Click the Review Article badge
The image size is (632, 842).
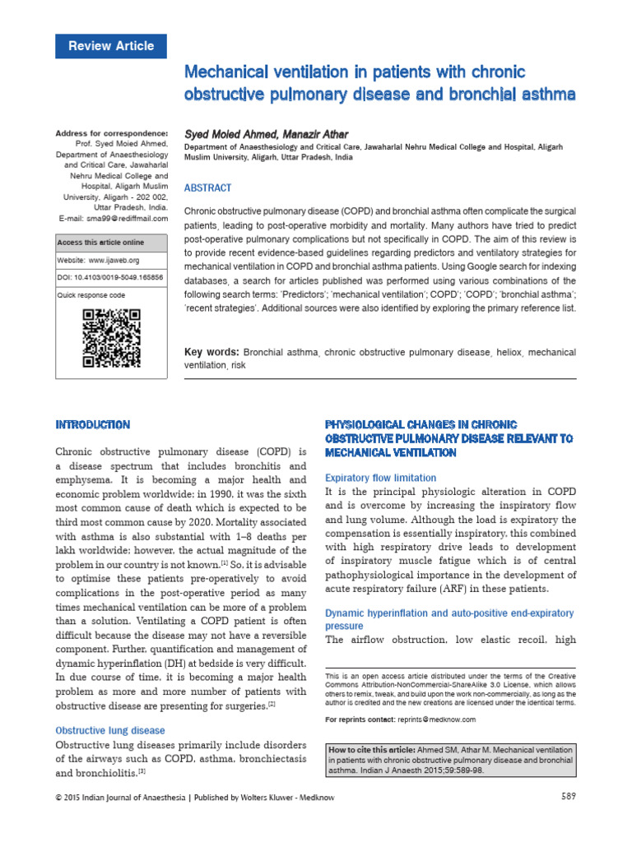[110, 46]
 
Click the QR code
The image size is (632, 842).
[111, 338]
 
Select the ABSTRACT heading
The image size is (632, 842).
[208, 187]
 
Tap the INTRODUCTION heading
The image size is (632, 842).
[92, 425]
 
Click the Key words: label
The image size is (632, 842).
[211, 352]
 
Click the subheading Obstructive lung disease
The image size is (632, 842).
[110, 730]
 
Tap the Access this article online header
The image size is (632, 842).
[100, 243]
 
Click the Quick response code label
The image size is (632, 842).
[91, 295]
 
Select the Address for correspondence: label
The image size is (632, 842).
[111, 133]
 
